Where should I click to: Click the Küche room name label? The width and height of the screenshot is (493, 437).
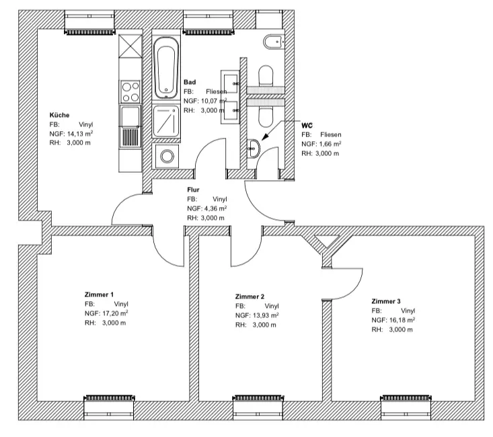[59, 115]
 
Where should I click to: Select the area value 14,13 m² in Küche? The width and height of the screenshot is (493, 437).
[80, 134]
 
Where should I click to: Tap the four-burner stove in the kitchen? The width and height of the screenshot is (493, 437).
[130, 92]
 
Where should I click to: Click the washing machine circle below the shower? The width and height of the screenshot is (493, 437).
[167, 156]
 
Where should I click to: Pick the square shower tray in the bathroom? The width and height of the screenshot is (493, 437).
[167, 122]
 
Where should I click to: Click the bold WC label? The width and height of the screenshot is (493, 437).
[307, 126]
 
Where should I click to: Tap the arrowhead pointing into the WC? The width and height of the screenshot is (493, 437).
[266, 136]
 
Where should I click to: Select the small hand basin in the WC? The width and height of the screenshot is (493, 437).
[254, 148]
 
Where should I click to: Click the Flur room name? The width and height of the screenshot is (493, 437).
[193, 190]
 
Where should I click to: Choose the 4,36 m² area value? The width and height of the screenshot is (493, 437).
[213, 208]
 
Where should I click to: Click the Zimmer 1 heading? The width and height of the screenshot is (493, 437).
[99, 294]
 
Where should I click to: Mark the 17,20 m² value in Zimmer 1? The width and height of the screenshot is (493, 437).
[115, 313]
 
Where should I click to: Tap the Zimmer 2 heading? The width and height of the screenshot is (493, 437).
[250, 296]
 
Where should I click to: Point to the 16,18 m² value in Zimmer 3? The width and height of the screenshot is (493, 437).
[402, 320]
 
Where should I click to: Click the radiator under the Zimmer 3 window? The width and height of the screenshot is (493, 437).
[406, 398]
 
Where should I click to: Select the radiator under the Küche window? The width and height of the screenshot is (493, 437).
[90, 32]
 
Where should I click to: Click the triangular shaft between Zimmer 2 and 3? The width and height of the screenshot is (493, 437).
[327, 241]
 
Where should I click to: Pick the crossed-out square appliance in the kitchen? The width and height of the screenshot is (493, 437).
[130, 46]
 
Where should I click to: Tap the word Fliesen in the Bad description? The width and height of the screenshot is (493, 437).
[217, 91]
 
